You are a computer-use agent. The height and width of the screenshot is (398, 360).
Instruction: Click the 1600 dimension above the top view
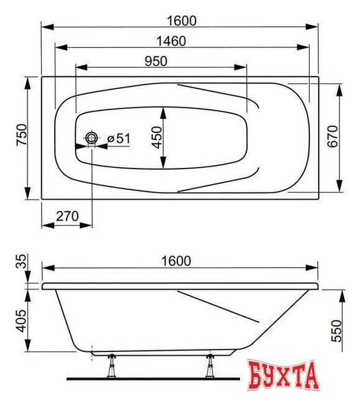[182, 21]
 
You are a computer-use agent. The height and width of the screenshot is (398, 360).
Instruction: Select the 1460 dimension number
[171, 41]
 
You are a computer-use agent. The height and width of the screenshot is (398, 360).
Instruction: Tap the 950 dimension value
[156, 61]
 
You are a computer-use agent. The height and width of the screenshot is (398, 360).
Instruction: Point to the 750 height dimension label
[22, 134]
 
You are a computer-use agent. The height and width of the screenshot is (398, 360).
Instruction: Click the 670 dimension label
[333, 136]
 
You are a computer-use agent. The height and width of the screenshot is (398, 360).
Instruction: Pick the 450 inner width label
[157, 137]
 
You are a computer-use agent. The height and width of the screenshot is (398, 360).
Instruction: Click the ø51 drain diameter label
[119, 138]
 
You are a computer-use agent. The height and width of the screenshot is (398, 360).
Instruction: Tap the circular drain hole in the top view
[91, 138]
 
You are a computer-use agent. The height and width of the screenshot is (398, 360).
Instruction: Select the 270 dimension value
[67, 216]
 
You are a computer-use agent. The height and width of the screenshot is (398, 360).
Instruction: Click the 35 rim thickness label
[21, 261]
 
